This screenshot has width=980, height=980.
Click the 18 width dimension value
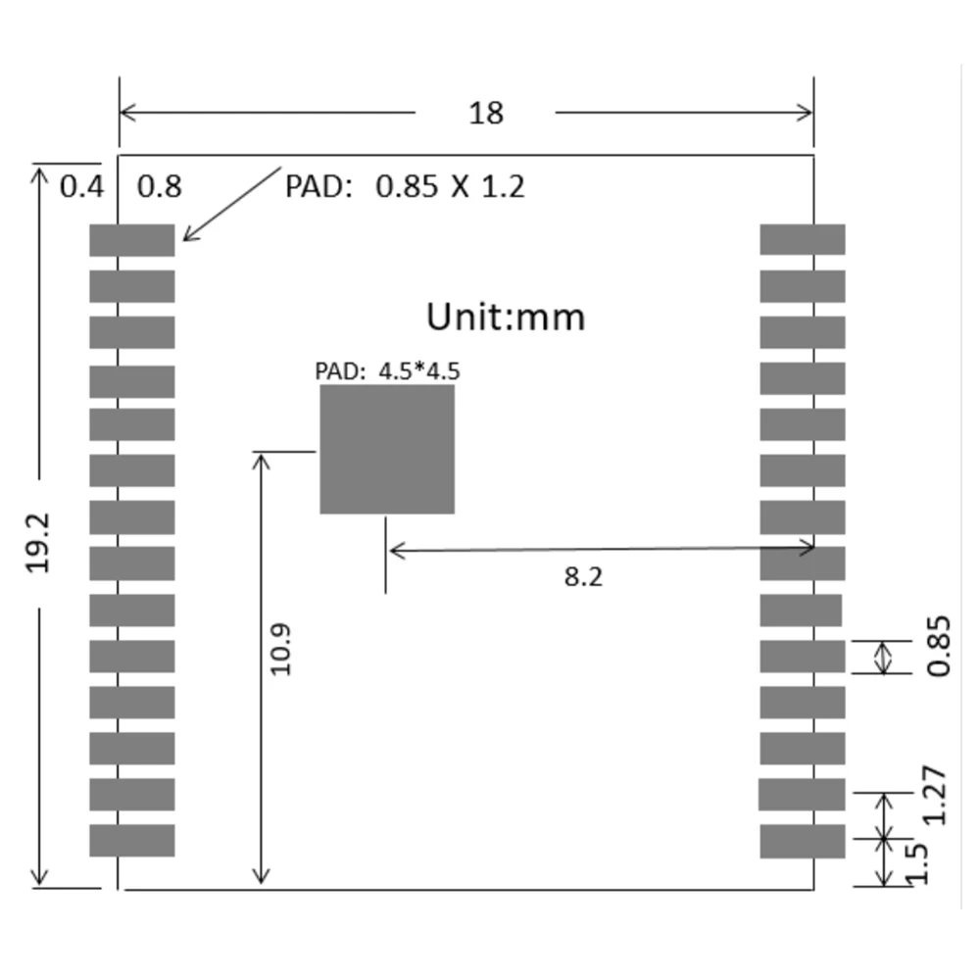coord(486,113)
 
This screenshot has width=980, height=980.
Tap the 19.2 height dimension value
coord(39,541)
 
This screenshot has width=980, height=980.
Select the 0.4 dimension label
coord(81,186)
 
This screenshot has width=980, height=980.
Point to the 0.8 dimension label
coord(159,186)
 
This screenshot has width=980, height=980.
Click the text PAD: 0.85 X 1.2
coord(405,186)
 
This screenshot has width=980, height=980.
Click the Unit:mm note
coord(506,317)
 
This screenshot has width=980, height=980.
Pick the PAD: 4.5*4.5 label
coord(387,371)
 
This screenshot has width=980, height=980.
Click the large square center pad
coord(387,449)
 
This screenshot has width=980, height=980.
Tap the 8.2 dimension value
coord(583,577)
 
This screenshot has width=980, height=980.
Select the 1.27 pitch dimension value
coord(936,795)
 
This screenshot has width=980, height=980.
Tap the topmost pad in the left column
coord(132,240)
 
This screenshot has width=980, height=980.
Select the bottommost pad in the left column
coord(132,841)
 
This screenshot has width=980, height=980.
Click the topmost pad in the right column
coord(803,240)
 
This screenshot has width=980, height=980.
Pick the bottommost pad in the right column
coord(803,841)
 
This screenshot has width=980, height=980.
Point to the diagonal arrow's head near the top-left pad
coord(187,236)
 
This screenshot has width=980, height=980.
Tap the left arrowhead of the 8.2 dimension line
coord(395,551)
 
